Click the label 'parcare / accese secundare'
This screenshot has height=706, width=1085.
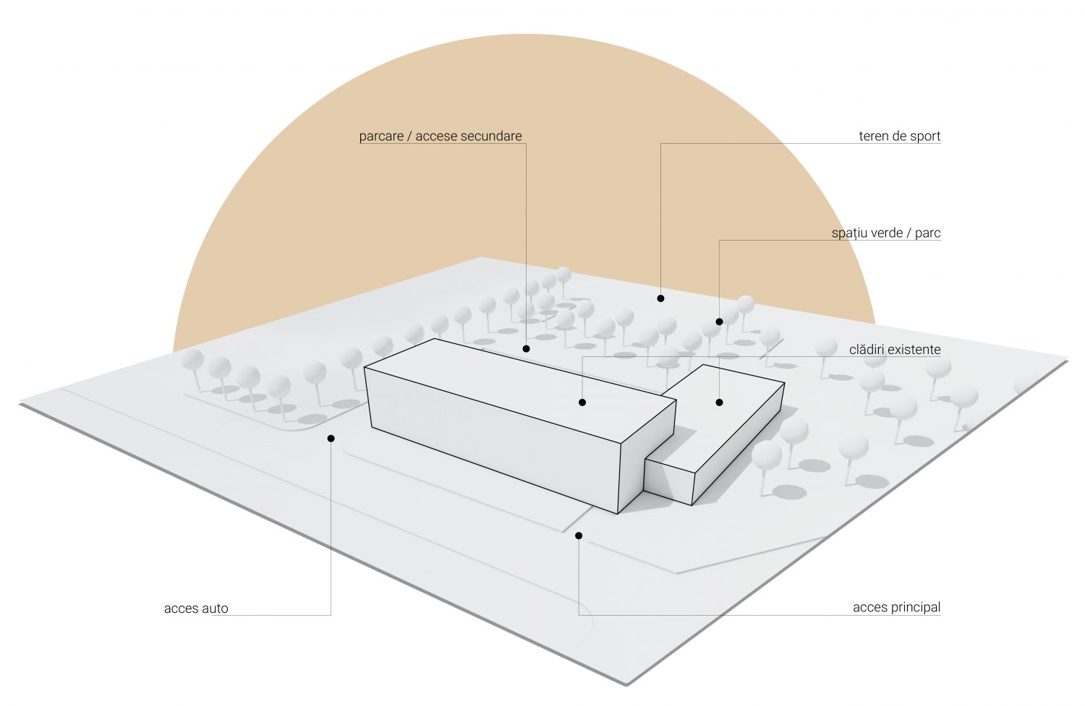point(441,137)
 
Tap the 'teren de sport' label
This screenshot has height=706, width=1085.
point(900,137)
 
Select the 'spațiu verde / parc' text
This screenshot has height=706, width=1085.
point(886,233)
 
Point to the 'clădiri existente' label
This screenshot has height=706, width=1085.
point(895,349)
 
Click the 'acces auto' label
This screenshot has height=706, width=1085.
point(196,608)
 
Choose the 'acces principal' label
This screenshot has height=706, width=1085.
point(897,607)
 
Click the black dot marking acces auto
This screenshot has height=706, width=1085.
point(331,439)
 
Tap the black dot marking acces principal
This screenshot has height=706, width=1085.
point(579,535)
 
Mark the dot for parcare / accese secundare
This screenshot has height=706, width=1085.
point(526,348)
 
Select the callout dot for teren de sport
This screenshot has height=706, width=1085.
point(660,298)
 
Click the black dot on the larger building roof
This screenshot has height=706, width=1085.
point(582,402)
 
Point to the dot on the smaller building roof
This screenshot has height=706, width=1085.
point(719,402)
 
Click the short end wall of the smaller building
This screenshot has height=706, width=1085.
point(669,482)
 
